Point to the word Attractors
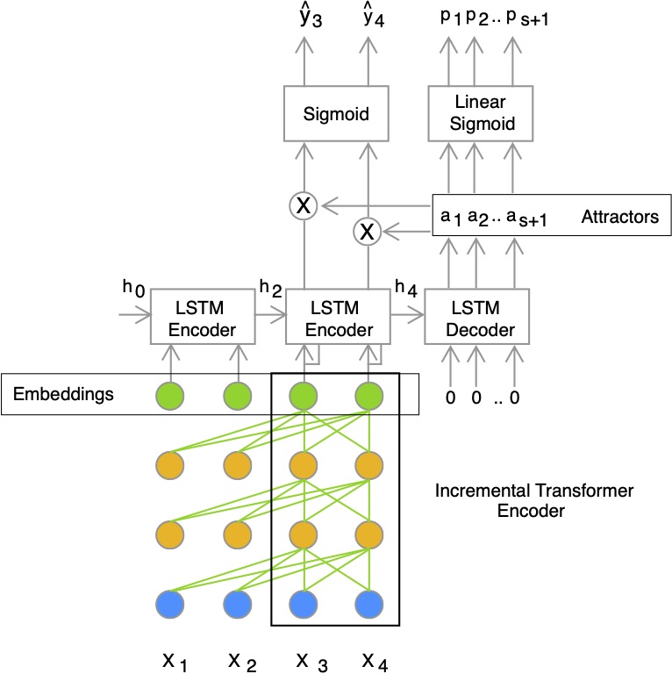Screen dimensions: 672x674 click(619, 217)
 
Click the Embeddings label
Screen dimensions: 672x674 click(63, 394)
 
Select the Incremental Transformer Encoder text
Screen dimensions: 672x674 click(533, 500)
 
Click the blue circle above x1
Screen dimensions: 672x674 click(170, 605)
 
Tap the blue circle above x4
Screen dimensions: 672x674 click(369, 605)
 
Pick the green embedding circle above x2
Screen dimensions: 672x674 click(238, 396)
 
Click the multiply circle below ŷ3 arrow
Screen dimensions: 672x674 click(304, 206)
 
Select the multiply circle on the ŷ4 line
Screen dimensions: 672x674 click(367, 232)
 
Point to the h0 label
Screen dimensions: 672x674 click(133, 288)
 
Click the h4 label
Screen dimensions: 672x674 click(406, 288)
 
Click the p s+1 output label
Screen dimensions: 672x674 click(527, 18)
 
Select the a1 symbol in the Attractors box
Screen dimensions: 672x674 click(451, 217)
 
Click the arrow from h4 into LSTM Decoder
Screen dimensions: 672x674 click(407, 316)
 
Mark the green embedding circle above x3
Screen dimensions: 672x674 click(304, 396)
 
